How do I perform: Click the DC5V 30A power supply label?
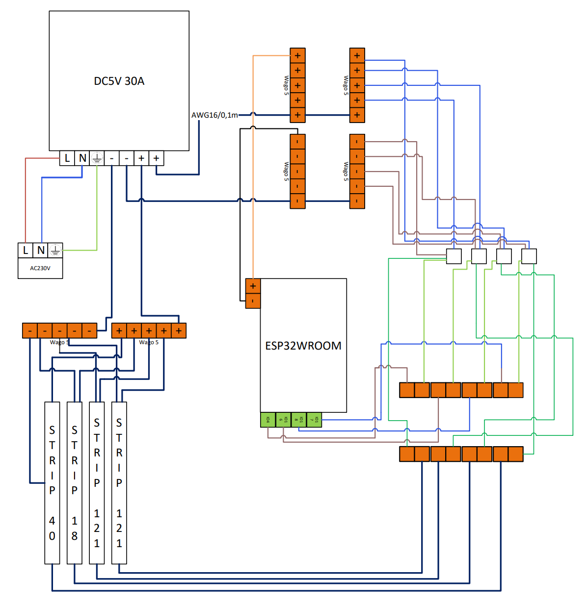coord(119,81)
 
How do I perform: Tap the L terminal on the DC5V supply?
coord(67,158)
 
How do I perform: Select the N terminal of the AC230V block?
coord(41,250)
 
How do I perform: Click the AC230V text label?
coord(40,268)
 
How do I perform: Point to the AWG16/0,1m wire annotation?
coord(214,115)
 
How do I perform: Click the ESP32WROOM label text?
coord(303,346)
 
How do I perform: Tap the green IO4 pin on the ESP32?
coord(268,420)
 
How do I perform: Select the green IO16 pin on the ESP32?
coord(283,420)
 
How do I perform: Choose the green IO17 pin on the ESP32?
coord(314,420)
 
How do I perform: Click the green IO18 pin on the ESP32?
coord(298,420)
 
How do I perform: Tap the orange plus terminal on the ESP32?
coord(253,286)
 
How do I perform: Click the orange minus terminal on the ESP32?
coord(253,301)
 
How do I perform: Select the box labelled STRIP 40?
coord(52,482)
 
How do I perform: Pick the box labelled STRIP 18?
coord(75,482)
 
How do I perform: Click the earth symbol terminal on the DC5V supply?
coord(97,158)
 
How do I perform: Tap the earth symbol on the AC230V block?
coord(55,250)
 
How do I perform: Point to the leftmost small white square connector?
coord(454,256)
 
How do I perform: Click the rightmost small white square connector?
coord(529,256)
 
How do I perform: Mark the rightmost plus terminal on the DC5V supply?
coord(156,158)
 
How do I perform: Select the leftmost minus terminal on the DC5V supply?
coord(112,158)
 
